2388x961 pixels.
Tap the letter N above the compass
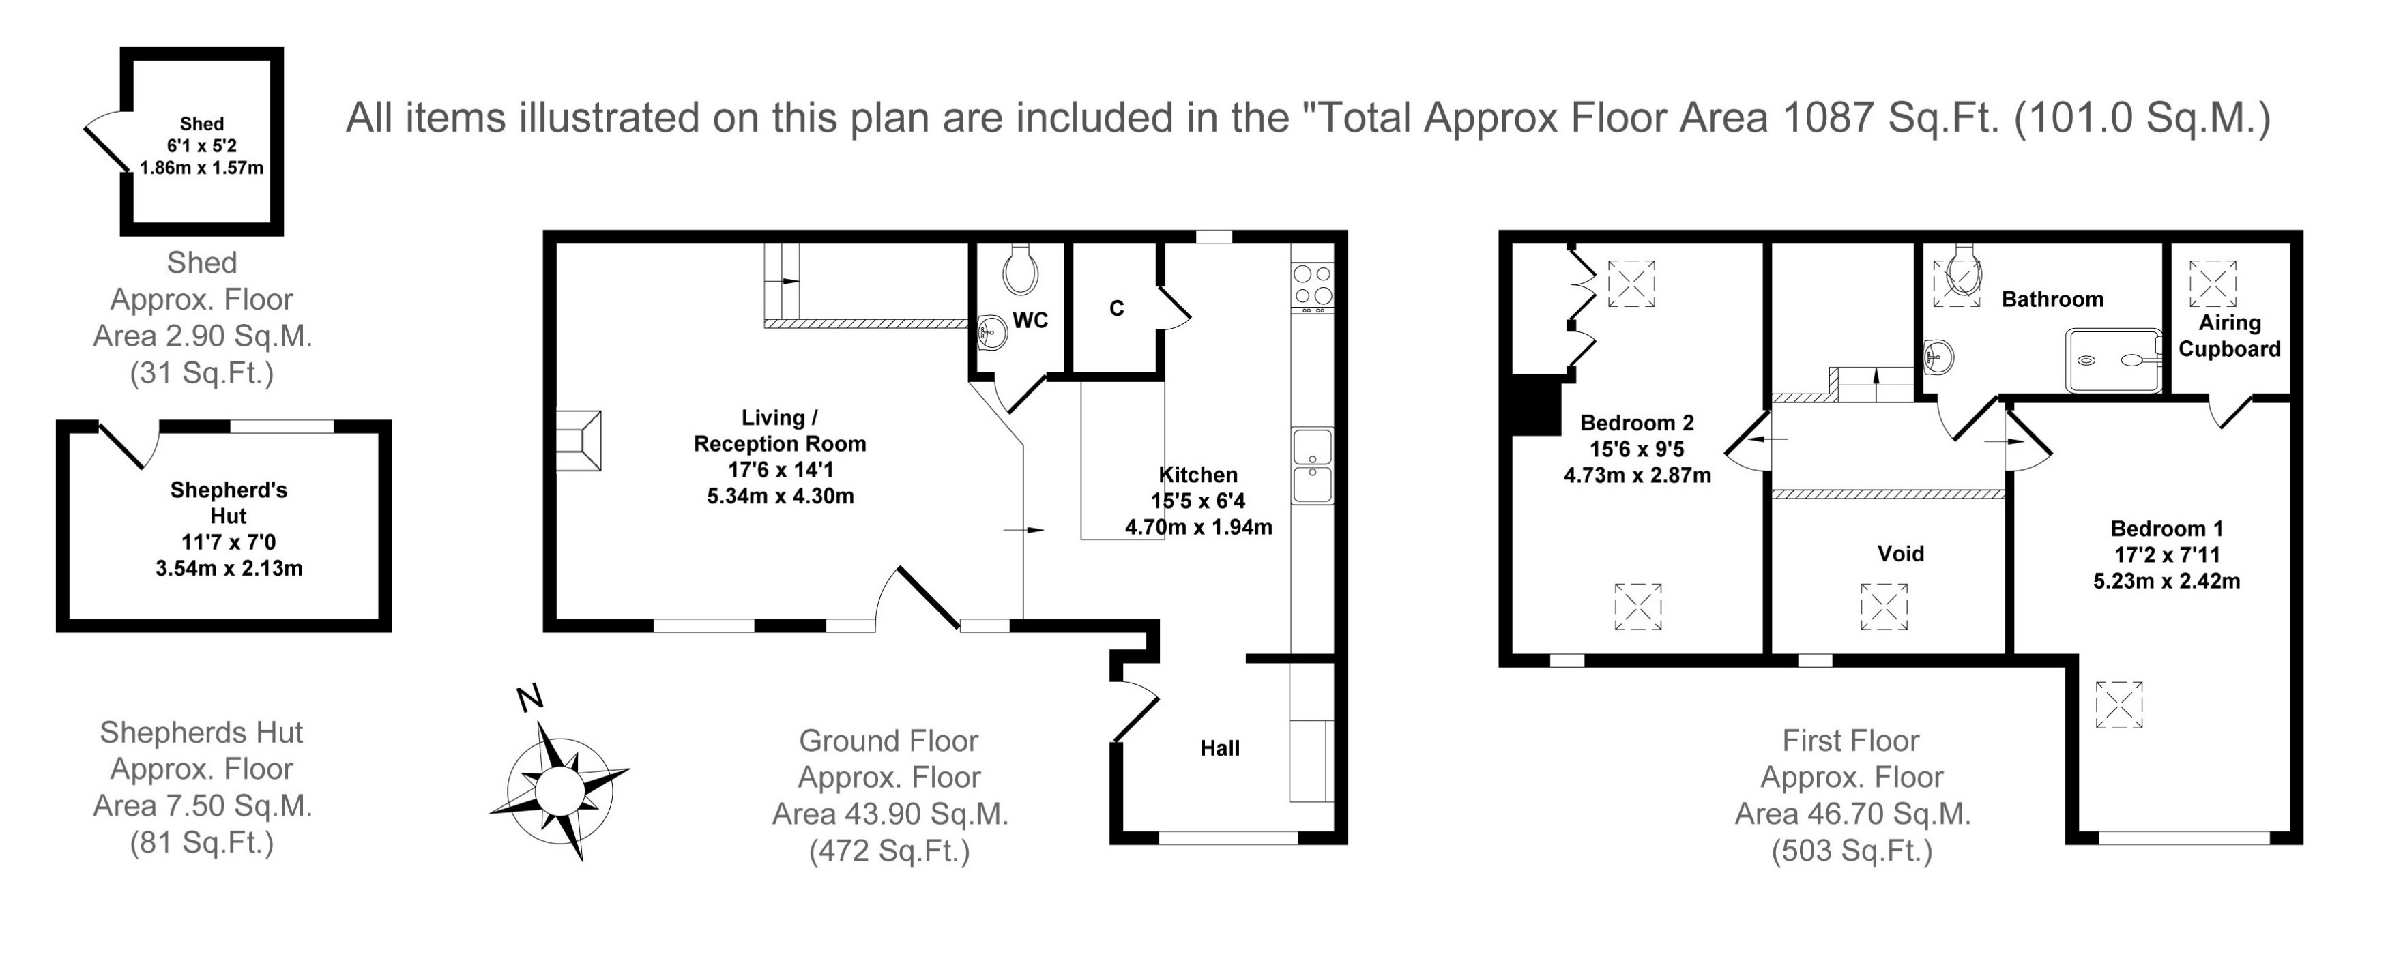click(x=529, y=698)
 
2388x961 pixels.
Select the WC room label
click(x=1030, y=321)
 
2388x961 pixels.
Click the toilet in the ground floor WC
click(x=1020, y=269)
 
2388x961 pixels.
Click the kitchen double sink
click(x=1312, y=466)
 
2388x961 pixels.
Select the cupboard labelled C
click(x=1116, y=308)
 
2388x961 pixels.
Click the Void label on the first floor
click(x=1900, y=555)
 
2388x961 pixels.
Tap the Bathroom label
click(x=2052, y=299)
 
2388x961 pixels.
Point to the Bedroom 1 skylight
click(x=2119, y=705)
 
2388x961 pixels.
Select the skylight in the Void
click(x=1884, y=607)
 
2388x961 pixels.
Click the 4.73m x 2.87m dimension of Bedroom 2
click(x=1637, y=475)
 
